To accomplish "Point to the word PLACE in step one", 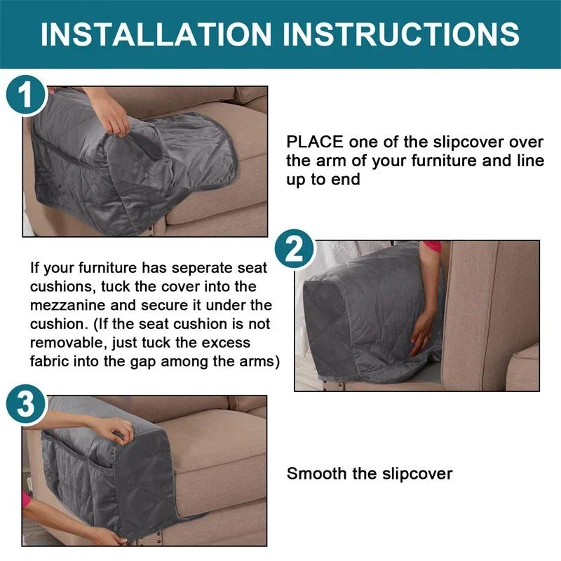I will tap(315, 142).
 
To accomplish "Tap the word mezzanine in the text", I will tap(74, 306).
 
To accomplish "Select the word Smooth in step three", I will tap(317, 473).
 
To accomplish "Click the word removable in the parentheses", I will tap(65, 344).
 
